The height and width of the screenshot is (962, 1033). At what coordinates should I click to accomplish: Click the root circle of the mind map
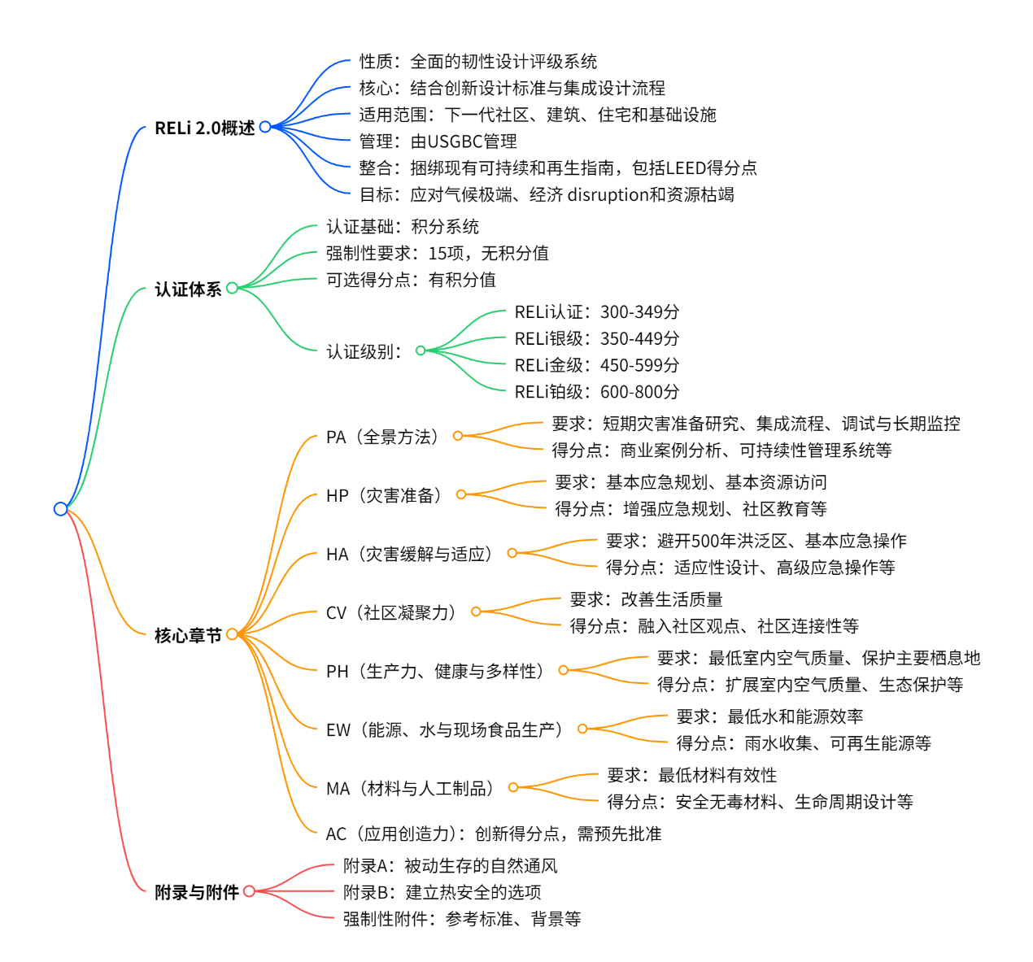(60, 509)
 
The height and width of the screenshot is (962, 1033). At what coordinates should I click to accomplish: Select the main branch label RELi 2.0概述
(204, 128)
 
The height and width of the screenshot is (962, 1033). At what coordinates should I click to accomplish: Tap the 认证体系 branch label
(188, 289)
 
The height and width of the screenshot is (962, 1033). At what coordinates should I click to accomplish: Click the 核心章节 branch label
(188, 635)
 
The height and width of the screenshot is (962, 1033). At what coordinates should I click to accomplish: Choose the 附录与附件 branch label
(197, 892)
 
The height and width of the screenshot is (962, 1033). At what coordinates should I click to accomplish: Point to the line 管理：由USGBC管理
(438, 141)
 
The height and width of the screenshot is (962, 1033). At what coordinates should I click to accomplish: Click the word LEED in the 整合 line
(686, 168)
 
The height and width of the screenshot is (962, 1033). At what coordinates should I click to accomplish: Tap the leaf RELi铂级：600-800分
(596, 392)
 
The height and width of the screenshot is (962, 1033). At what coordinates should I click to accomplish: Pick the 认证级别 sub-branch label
(364, 352)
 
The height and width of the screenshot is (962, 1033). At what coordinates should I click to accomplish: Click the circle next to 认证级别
(421, 351)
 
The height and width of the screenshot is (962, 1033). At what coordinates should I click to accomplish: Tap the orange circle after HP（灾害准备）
(461, 494)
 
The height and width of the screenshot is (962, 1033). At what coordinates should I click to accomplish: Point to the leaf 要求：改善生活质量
(646, 600)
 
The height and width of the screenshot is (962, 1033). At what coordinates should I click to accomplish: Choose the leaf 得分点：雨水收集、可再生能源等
(803, 743)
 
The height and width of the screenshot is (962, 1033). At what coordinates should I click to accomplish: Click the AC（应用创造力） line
(493, 834)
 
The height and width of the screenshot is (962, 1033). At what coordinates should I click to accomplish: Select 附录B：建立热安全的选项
(442, 893)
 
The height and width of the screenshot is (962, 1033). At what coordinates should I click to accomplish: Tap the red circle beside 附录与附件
(250, 891)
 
